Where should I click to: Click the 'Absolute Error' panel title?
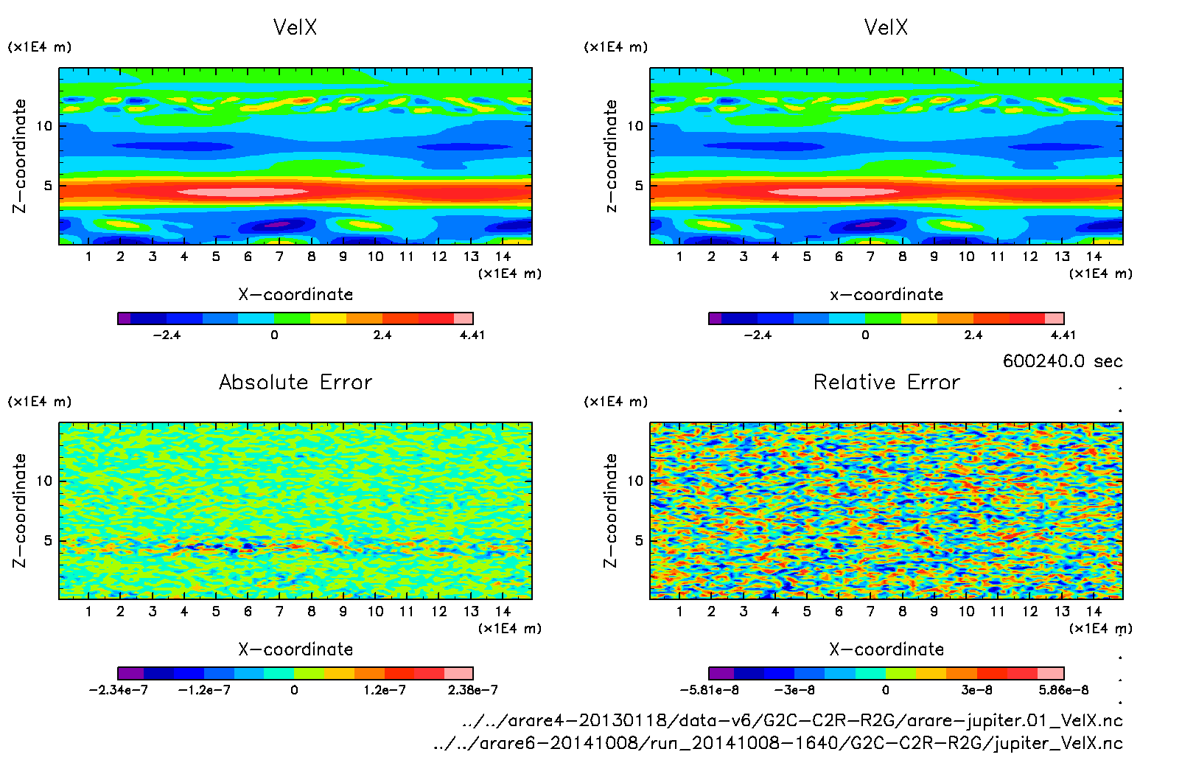[x=295, y=382]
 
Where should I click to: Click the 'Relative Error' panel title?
[x=886, y=382]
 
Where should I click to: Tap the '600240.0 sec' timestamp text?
[x=1062, y=361]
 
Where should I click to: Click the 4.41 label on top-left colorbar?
[x=472, y=335]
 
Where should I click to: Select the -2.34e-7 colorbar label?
[x=119, y=690]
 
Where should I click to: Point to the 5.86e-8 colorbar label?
[x=1063, y=690]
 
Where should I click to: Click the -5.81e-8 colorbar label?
[x=709, y=690]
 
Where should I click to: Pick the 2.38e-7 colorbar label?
[x=472, y=690]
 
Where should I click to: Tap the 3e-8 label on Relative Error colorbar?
[x=976, y=690]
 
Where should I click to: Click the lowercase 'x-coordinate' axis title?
[x=886, y=294]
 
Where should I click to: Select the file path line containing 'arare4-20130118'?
[x=791, y=720]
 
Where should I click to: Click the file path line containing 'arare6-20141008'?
[x=777, y=743]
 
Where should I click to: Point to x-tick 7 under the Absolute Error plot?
[x=279, y=611]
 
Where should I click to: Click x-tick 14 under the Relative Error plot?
[x=1094, y=611]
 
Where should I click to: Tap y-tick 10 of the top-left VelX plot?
[x=44, y=126]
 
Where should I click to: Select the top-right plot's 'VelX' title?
[x=886, y=27]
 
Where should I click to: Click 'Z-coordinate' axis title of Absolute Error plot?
[x=20, y=510]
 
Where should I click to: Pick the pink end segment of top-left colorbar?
[x=464, y=318]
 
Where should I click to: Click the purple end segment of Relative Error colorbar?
[x=721, y=673]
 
